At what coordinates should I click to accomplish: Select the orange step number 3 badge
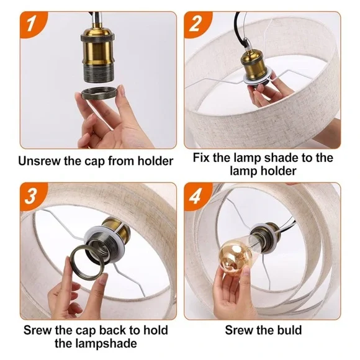[x=32, y=195]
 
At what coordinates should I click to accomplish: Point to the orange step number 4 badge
[x=196, y=195]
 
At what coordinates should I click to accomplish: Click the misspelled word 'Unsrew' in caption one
[x=39, y=161]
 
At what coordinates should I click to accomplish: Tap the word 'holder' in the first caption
[x=155, y=161]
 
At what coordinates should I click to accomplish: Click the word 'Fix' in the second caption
[x=201, y=158]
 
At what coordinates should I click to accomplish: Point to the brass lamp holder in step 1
[x=97, y=55]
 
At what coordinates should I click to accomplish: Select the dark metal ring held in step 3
[x=88, y=260]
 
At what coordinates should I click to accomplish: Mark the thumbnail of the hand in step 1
[x=122, y=91]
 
